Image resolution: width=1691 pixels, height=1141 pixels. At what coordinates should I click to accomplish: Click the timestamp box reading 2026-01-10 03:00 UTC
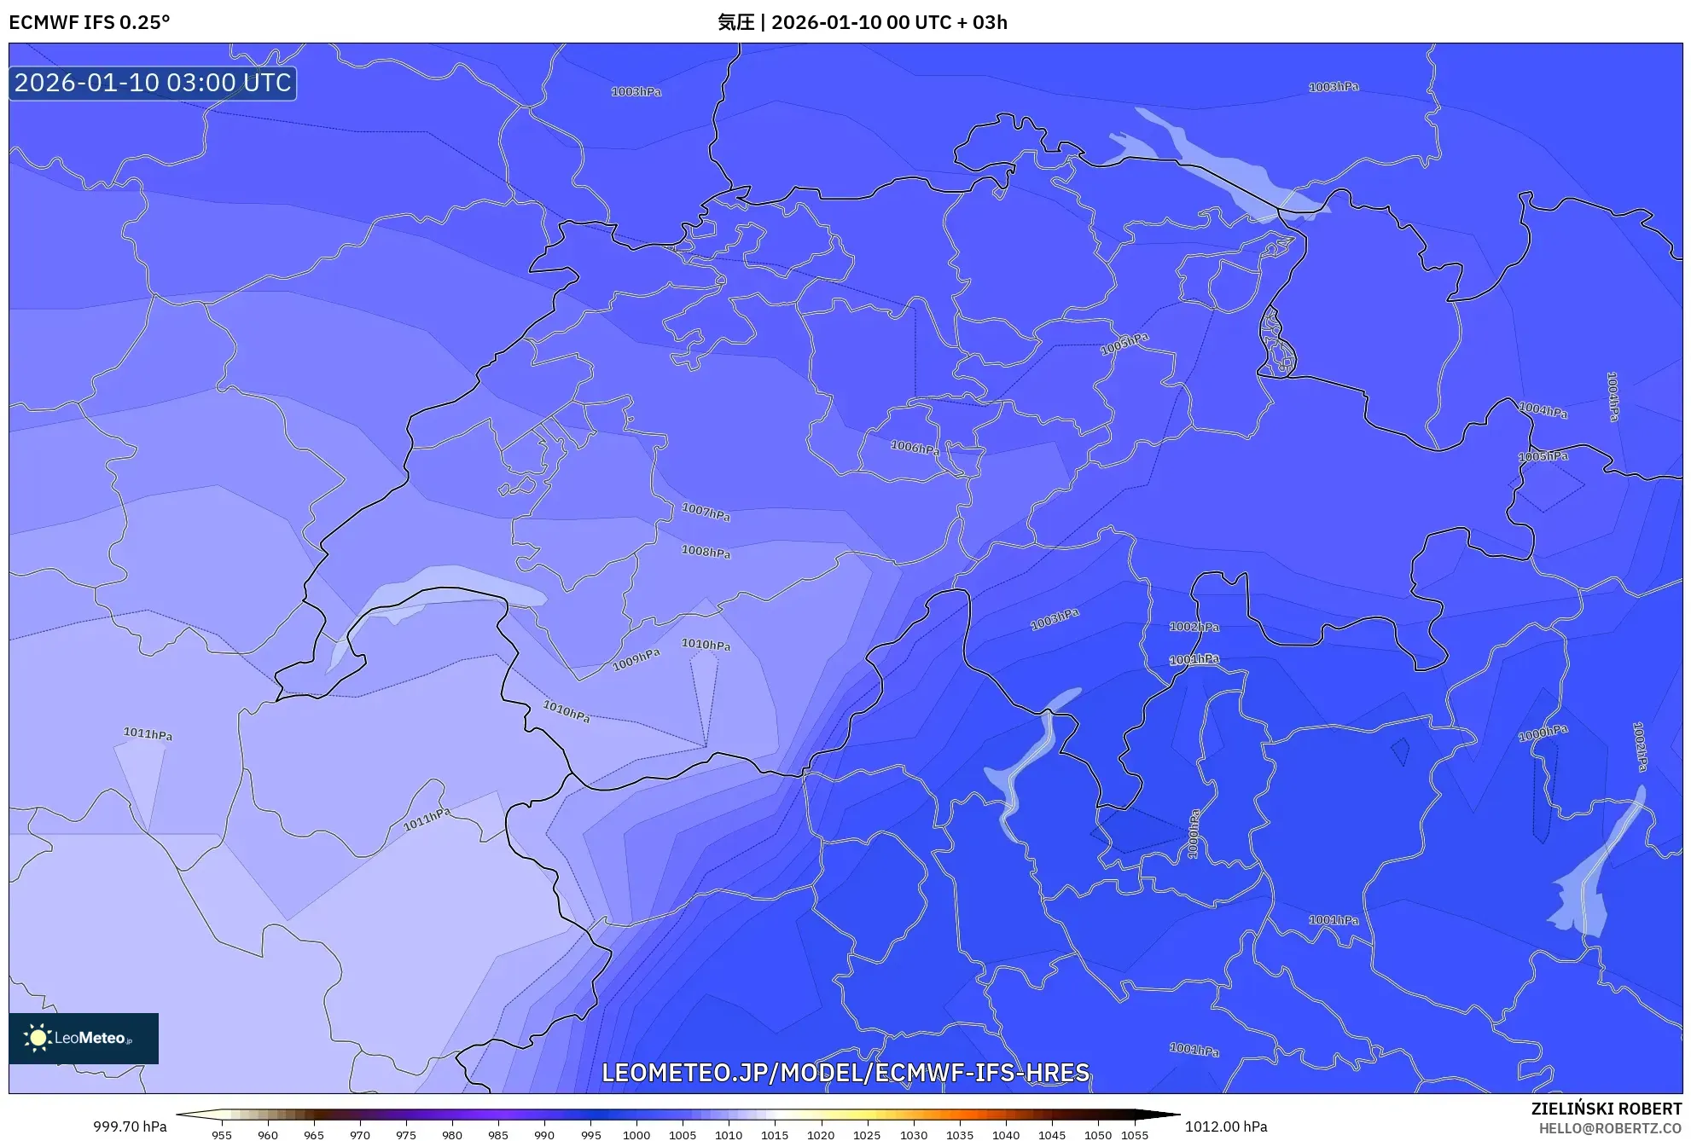tap(153, 83)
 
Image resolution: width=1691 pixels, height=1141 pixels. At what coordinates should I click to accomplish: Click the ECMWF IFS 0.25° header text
tap(90, 22)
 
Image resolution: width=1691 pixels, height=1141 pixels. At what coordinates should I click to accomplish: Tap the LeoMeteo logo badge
tap(84, 1038)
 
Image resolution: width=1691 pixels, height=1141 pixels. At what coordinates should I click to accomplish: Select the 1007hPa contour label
tap(706, 513)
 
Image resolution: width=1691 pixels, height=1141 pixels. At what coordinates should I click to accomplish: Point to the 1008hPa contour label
tap(706, 552)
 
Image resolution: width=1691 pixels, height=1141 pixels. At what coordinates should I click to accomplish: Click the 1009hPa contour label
tap(636, 659)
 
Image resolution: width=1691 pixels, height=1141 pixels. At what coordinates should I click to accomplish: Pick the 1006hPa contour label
tap(915, 447)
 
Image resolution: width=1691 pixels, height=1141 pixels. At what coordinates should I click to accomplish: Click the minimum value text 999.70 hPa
tap(130, 1127)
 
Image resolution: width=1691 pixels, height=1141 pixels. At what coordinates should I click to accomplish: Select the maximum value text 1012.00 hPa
tap(1225, 1127)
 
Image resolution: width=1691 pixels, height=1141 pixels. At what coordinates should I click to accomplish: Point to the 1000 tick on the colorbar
tap(636, 1135)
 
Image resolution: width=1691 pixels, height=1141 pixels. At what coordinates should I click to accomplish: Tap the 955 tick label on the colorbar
tap(222, 1135)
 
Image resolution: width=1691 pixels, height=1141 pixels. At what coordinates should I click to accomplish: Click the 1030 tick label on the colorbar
tap(913, 1135)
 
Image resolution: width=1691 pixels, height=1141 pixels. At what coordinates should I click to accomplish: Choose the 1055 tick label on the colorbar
tap(1135, 1135)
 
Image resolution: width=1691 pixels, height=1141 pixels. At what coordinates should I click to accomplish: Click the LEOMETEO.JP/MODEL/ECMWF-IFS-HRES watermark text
tap(845, 1073)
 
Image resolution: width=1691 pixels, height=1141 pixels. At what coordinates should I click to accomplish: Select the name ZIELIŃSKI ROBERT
tap(1607, 1109)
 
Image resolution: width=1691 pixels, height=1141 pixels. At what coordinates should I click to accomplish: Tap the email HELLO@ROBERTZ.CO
tap(1610, 1128)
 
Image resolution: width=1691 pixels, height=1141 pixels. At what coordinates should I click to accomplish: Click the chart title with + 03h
tap(863, 22)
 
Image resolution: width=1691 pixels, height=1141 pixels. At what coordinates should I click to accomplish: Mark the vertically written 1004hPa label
tap(1613, 397)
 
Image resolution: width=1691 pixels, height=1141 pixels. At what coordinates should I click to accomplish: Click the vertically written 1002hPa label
tap(1639, 747)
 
